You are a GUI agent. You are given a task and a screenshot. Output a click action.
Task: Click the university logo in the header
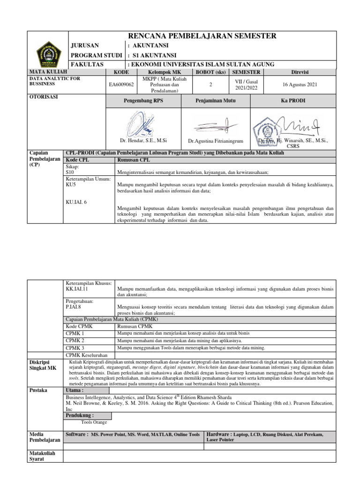point(48,50)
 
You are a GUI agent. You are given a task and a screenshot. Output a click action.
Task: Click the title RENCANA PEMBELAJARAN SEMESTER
point(202,36)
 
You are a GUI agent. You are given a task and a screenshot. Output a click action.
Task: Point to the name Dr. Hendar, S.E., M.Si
point(144,140)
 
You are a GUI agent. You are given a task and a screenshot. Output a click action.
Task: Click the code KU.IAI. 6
point(76,202)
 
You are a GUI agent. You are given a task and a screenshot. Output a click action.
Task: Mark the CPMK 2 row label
point(75,340)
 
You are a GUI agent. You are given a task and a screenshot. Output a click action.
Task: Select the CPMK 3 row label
point(75,348)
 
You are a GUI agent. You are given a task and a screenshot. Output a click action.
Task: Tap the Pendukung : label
point(80,415)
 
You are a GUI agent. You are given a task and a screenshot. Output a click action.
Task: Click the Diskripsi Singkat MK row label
point(43,365)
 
